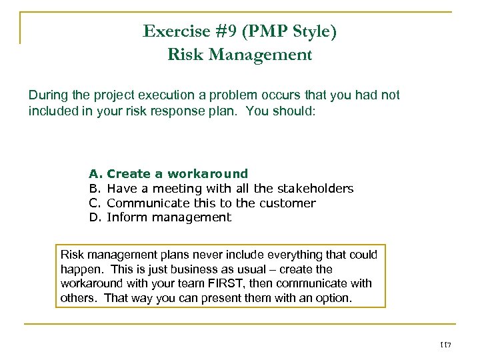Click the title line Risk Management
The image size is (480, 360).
point(239,55)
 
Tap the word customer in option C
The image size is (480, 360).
point(289,203)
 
